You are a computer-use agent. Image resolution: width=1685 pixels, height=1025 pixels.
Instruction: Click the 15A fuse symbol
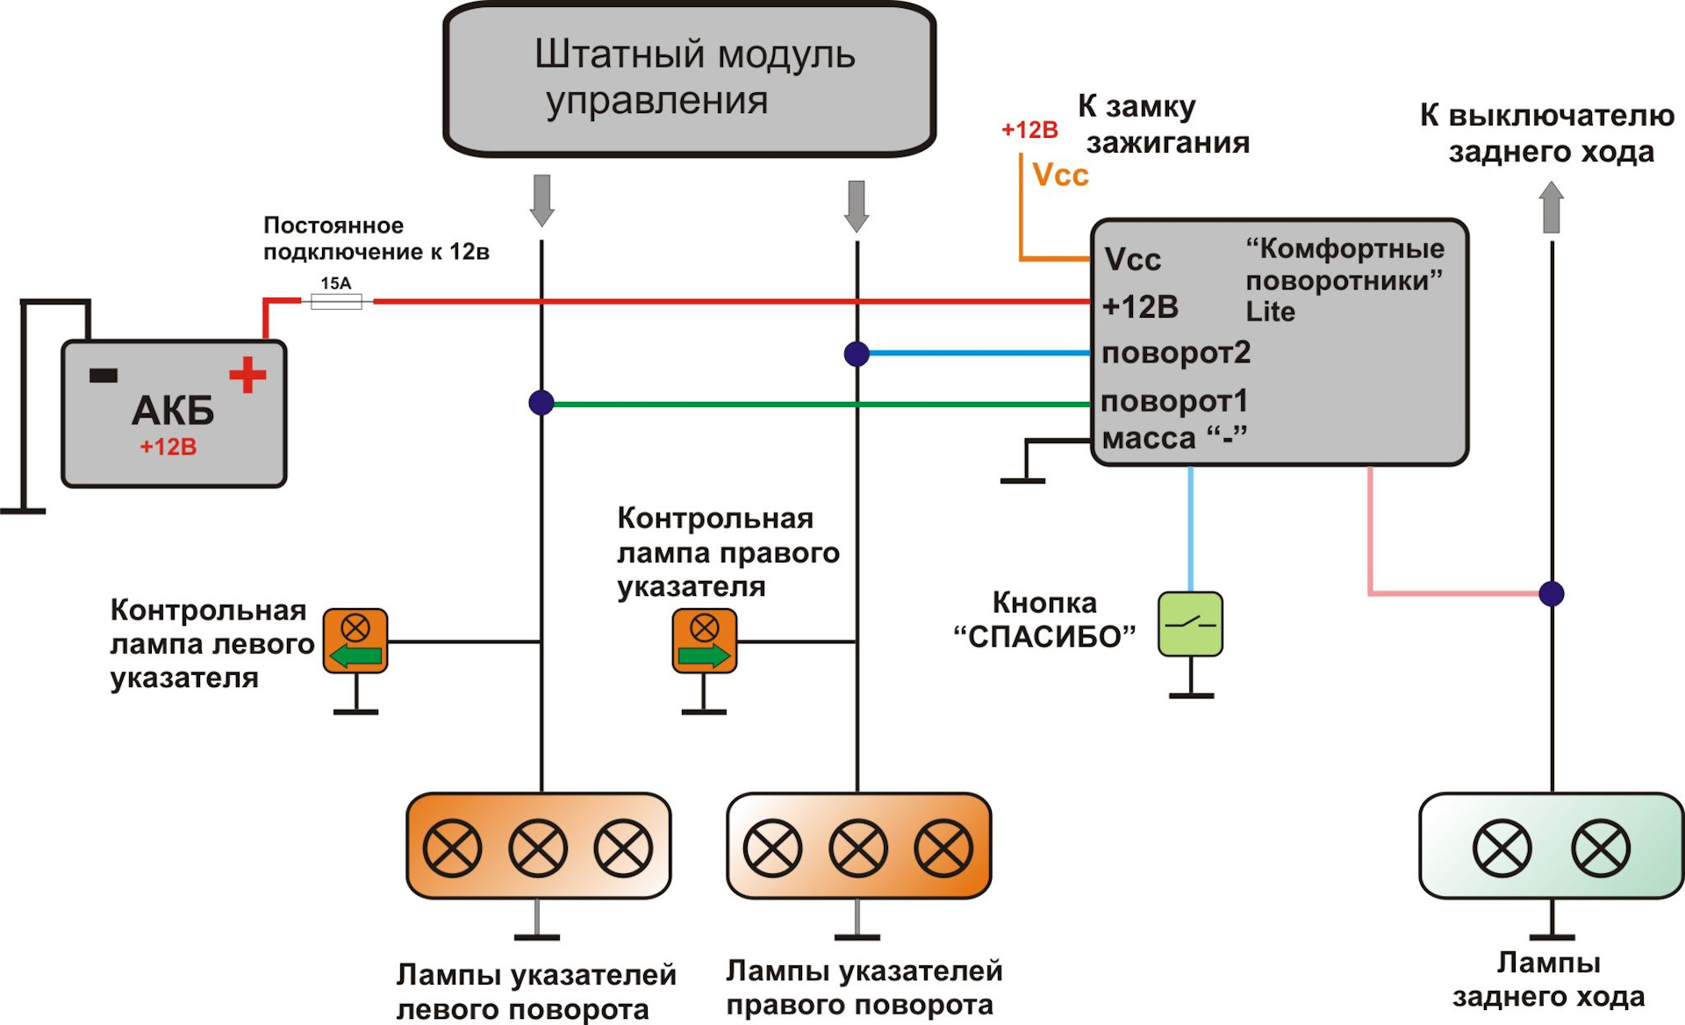tap(336, 301)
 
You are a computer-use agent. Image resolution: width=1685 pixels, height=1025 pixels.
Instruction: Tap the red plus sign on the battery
tap(247, 375)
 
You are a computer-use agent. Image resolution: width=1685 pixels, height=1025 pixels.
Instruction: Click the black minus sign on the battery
tap(104, 376)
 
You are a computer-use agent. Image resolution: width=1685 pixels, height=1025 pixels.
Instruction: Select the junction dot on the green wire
tap(541, 403)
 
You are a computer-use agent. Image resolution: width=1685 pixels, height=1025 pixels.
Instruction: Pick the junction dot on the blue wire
tap(857, 354)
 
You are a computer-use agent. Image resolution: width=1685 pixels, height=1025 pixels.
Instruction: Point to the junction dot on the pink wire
tap(1552, 594)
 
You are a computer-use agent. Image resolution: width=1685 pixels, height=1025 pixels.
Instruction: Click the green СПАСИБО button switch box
tap(1190, 624)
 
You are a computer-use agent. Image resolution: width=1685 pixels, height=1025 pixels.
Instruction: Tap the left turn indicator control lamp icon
tap(355, 642)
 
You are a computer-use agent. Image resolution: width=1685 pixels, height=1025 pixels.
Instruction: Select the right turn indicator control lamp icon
tap(704, 642)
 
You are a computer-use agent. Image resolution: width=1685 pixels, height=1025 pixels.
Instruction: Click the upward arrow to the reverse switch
tap(1552, 207)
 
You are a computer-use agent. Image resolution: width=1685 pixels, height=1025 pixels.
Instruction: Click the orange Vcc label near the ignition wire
tap(1060, 176)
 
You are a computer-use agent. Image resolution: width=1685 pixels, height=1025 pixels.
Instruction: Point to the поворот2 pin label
tap(1176, 353)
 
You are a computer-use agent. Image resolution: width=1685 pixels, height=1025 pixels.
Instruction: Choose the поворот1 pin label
tap(1174, 401)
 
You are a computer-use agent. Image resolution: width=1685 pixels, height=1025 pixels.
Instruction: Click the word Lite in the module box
tap(1270, 312)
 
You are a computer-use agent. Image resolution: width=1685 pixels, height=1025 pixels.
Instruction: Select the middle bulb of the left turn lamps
tap(538, 848)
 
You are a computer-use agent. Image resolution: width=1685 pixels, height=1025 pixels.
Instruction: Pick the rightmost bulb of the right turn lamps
tap(943, 848)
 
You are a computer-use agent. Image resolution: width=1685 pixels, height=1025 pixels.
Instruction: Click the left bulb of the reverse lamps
tap(1502, 848)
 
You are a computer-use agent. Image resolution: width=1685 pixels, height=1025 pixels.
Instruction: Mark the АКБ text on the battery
tap(173, 410)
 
